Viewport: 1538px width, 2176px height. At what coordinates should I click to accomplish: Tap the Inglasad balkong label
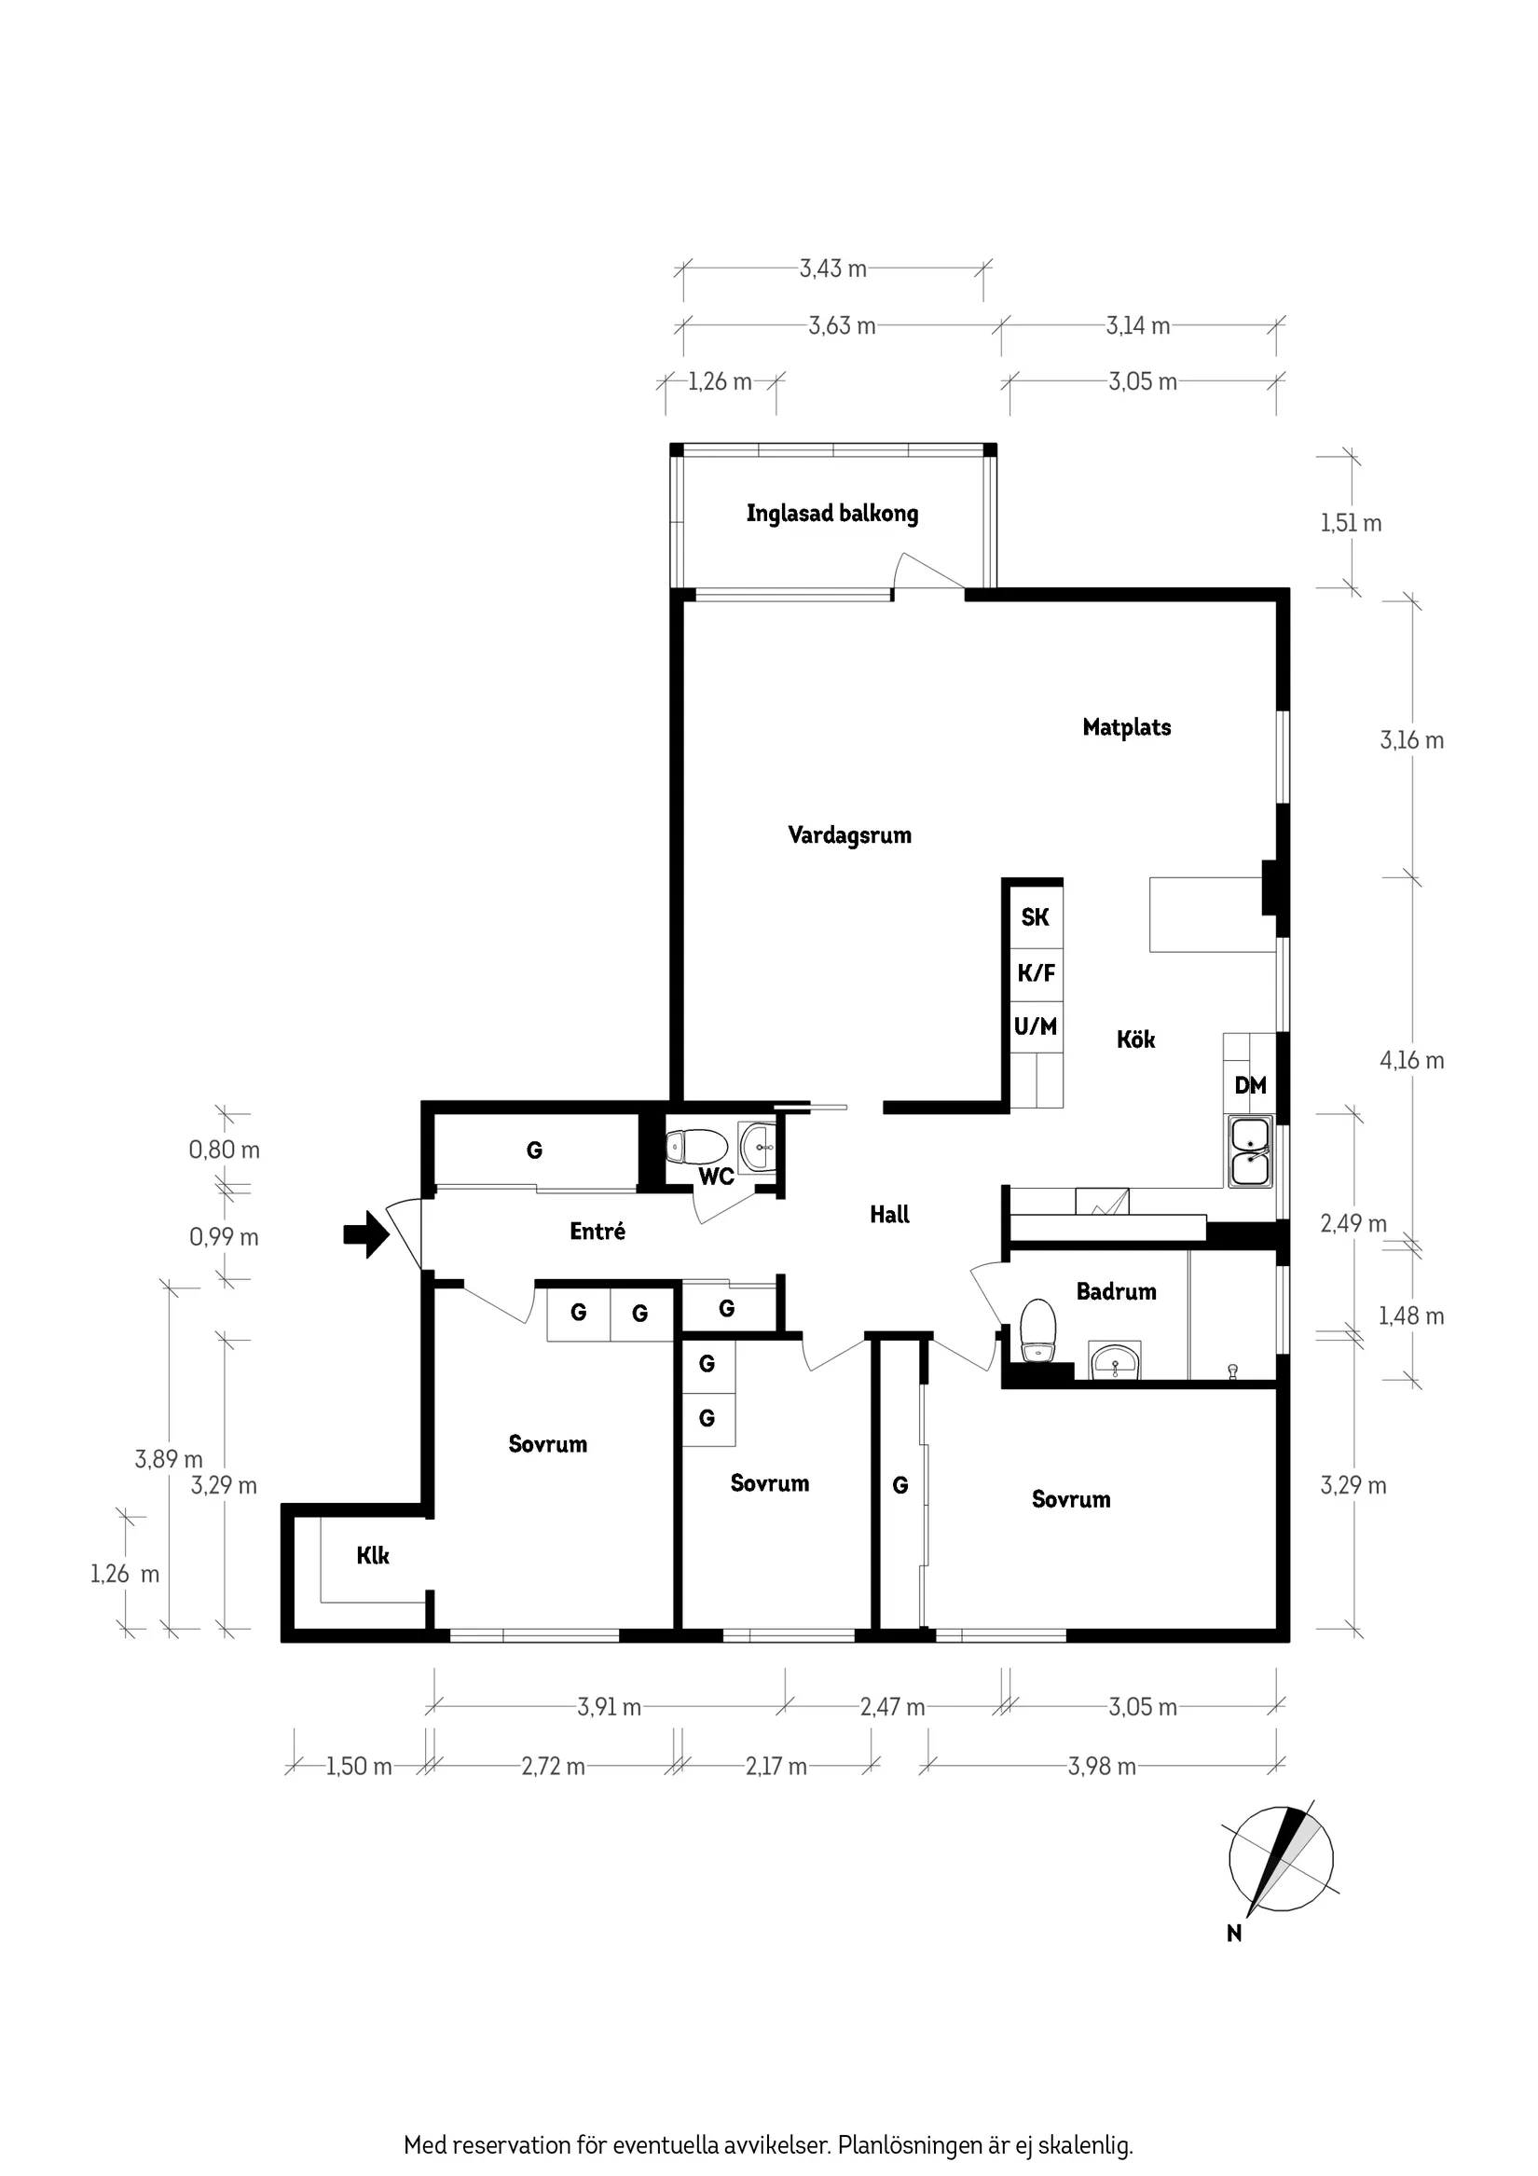coord(831,514)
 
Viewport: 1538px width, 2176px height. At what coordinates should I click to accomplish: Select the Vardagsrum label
coord(849,835)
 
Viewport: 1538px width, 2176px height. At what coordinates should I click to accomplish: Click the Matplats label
coord(1126,727)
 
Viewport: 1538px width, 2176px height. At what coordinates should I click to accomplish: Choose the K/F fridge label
coord(1035,972)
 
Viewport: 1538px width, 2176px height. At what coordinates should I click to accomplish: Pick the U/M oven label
coord(1035,1026)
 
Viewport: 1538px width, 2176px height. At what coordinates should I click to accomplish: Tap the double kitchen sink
coord(1250,1151)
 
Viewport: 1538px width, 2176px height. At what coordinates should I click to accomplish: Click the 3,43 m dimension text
coord(832,269)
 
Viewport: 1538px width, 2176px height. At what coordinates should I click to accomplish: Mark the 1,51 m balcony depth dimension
coord(1351,523)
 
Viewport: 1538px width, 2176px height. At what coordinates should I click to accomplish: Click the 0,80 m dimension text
coord(224,1150)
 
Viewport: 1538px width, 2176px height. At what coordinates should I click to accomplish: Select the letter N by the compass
coord(1233,1934)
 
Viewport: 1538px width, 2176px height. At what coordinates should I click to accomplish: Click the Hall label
coord(889,1214)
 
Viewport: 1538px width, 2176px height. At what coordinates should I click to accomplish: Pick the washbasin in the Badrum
coord(1115,1361)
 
